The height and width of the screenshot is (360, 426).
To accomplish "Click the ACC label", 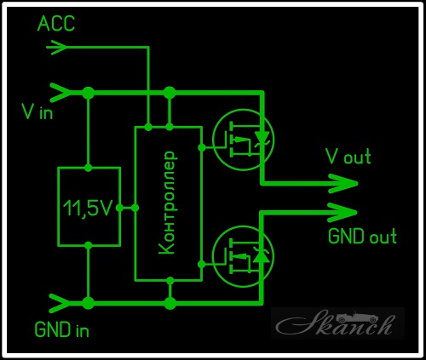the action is coord(56,23).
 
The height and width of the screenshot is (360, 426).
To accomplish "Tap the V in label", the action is coord(37,111).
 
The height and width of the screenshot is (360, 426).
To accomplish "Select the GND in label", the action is coord(61,329).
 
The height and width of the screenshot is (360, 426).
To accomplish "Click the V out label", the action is coord(348,156).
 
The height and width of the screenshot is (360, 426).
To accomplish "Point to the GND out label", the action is coord(362,236).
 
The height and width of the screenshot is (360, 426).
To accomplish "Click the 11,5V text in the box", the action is coord(89,208).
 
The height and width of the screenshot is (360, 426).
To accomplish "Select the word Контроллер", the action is coord(167,203).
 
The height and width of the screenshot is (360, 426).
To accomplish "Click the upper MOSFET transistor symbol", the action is coord(243,140).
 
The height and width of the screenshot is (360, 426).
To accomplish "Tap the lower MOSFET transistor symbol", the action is coord(243,256).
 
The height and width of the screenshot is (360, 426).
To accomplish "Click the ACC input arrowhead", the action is coord(57,48).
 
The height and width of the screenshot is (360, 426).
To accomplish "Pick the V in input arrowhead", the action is coord(60,93).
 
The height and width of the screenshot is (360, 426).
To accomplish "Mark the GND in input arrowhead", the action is coord(60,303).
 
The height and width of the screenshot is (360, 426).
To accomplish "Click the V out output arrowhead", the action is coord(343,184).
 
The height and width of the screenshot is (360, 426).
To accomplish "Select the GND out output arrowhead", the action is coord(343,212).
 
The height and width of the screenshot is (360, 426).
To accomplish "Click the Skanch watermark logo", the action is coord(337,323).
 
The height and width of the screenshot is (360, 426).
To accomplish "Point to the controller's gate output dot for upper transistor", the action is coord(202,147).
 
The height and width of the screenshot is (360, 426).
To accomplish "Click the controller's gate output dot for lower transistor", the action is coord(202,265).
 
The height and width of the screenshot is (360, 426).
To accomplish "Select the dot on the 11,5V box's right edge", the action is coord(119,208).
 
